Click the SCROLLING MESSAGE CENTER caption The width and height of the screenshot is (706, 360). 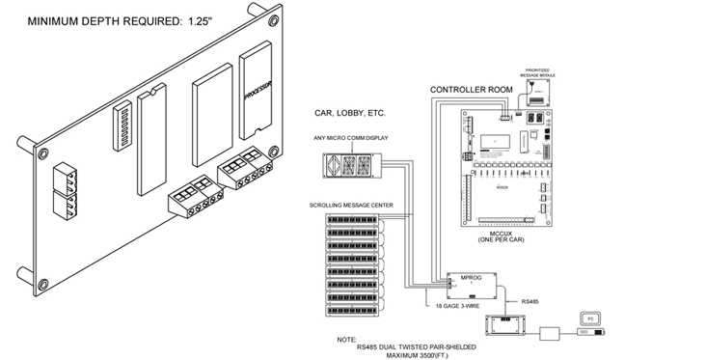[351, 206]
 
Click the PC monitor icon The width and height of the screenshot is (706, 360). [591, 318]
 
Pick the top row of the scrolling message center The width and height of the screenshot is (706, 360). [353, 219]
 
